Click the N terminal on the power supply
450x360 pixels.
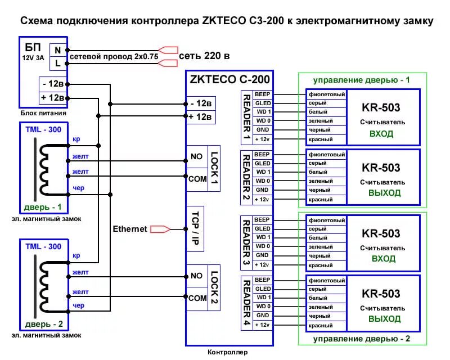click(x=57, y=49)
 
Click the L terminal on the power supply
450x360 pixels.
click(x=57, y=64)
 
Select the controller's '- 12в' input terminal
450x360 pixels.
click(x=200, y=103)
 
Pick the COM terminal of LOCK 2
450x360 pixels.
click(x=197, y=298)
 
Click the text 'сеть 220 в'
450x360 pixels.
click(x=205, y=56)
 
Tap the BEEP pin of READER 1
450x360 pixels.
click(x=262, y=94)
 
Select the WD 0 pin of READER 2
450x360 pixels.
click(x=263, y=181)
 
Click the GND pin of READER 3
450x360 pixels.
click(x=263, y=255)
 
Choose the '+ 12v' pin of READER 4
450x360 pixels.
click(x=263, y=325)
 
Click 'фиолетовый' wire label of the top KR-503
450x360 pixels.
click(x=326, y=94)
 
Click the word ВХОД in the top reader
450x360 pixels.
click(x=381, y=134)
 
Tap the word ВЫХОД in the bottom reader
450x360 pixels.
click(x=385, y=318)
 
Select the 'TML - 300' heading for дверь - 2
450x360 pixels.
click(x=43, y=246)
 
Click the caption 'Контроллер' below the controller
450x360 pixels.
click(x=228, y=353)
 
